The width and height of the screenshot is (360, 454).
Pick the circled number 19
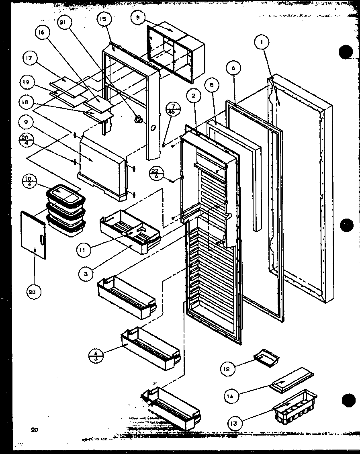tap(27, 83)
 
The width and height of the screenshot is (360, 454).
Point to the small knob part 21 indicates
tap(139, 119)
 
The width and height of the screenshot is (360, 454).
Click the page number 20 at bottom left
tap(34, 430)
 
